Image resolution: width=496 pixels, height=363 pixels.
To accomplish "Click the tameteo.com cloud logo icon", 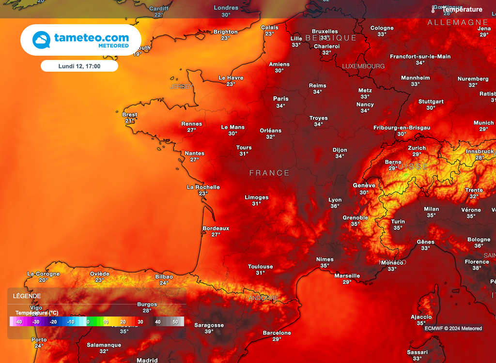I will tap(42, 40).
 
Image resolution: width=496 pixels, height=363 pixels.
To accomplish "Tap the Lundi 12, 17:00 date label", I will tap(79, 66).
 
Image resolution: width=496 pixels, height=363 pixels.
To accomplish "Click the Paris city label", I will tap(280, 99).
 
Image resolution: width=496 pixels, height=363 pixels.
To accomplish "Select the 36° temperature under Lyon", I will tap(335, 206).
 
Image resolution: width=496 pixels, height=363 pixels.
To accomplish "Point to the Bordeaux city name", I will tap(216, 228).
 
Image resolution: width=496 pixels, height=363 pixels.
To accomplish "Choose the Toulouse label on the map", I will tap(260, 267).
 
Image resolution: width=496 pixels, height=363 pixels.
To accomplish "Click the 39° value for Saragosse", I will tap(209, 332).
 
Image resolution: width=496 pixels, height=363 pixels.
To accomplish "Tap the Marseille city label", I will tap(347, 276).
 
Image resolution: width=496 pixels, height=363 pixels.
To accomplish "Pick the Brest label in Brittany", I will tap(130, 115).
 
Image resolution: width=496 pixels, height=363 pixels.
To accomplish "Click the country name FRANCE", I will tap(269, 173).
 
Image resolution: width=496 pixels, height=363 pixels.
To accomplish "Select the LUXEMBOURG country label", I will tap(363, 66).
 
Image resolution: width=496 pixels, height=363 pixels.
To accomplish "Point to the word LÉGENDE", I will tap(27, 296).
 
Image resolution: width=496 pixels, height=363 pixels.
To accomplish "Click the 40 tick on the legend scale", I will tap(157, 321).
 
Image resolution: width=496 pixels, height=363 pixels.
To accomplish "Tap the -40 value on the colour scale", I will tap(18, 321).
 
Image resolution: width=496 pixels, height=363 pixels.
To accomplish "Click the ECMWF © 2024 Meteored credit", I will tap(453, 328).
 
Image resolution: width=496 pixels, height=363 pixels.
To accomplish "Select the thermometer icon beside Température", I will tap(433, 9).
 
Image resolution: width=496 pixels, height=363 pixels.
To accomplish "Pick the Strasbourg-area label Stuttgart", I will tap(431, 102).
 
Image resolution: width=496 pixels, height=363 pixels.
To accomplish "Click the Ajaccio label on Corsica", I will tap(421, 317).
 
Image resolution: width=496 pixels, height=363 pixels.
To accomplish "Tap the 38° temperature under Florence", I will tap(477, 268).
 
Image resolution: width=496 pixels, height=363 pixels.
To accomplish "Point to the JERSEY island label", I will tap(182, 87).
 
